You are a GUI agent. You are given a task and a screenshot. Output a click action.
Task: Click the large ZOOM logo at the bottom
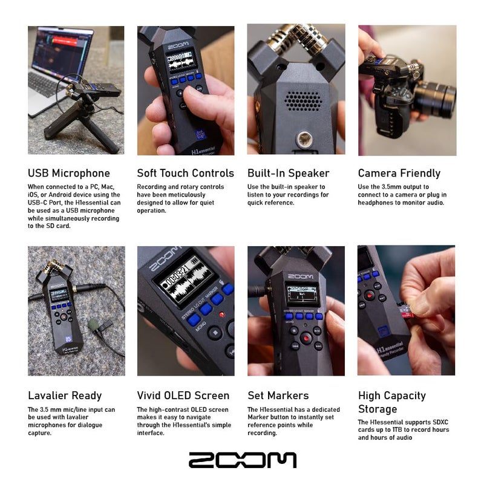coord(242,460)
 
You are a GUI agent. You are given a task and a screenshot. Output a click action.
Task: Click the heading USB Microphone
coord(69,174)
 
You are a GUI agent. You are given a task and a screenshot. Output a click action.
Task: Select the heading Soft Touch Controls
coord(185,174)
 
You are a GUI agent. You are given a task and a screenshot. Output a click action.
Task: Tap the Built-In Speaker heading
coord(288,174)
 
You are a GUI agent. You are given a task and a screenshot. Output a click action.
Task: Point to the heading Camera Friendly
coord(399,174)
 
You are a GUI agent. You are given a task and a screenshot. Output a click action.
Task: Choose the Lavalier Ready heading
coord(65,396)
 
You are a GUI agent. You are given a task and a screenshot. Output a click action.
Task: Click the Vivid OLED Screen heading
coord(183,396)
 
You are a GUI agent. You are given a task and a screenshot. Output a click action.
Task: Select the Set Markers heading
coord(278,396)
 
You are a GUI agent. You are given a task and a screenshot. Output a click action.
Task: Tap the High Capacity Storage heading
coord(392,403)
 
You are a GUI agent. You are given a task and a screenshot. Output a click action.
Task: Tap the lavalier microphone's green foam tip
coord(93,325)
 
